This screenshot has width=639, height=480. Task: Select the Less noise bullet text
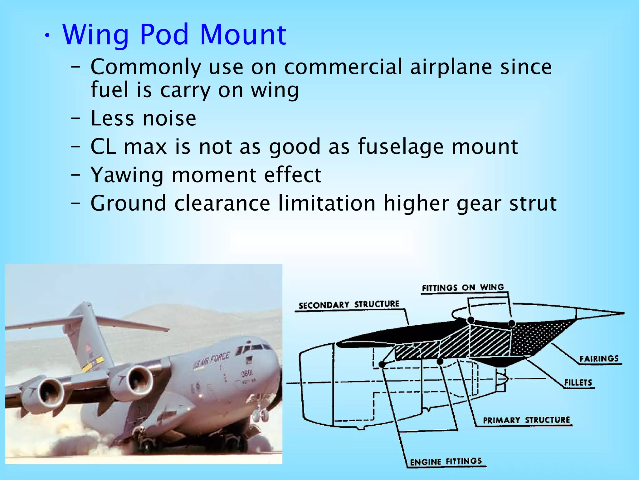coord(143,118)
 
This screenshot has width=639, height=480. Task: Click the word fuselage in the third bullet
coord(401,147)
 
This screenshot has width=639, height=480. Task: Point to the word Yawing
coord(127,175)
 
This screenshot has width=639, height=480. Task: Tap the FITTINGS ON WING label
coord(463,288)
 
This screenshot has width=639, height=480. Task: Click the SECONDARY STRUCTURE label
coord(349,305)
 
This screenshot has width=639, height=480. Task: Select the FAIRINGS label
coord(599,358)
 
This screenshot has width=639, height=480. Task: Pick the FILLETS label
coord(578,382)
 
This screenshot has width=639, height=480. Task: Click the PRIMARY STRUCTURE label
coord(526,420)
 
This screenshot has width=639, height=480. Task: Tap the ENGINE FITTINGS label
coord(446,462)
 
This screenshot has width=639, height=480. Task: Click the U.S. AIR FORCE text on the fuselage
coord(211,360)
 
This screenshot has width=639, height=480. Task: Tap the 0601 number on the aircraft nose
coord(246,373)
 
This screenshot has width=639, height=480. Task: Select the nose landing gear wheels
coord(260,416)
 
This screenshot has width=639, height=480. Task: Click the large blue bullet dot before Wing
coord(47,36)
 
